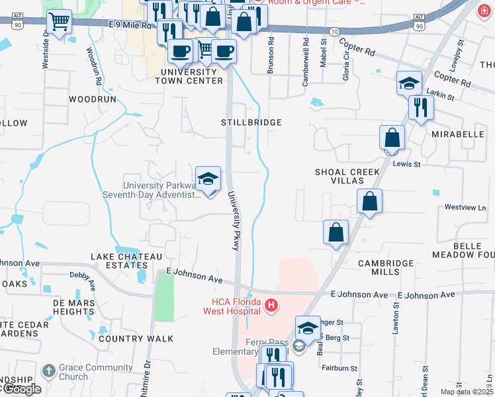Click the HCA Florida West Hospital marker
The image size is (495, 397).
[271, 306]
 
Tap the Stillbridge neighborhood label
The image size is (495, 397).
[251, 122]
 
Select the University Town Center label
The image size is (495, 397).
[189, 76]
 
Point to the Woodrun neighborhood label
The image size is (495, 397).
[93, 99]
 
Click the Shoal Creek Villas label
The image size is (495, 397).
[347, 176]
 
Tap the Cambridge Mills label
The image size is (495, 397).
[386, 267]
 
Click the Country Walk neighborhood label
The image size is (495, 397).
[136, 339]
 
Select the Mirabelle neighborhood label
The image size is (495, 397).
[458, 134]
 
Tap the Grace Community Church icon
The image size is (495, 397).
[48, 371]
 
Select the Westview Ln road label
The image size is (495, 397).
[465, 207]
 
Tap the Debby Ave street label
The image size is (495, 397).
[83, 275]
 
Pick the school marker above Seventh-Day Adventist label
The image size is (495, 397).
[208, 179]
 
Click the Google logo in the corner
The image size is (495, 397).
[21, 389]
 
